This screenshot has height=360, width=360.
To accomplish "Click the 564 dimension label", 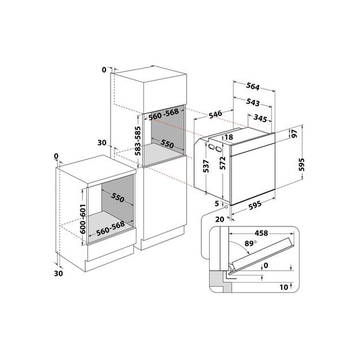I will click(x=252, y=87).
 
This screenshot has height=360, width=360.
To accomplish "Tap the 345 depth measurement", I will click(x=263, y=119).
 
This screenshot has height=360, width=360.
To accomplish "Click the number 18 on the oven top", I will click(x=229, y=137).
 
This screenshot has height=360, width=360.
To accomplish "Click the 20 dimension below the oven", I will click(x=220, y=219).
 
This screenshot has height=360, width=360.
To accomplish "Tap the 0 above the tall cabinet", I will click(x=104, y=70).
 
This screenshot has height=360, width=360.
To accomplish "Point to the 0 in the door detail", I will click(x=265, y=266).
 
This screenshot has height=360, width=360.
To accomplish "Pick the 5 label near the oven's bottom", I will click(x=218, y=203).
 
